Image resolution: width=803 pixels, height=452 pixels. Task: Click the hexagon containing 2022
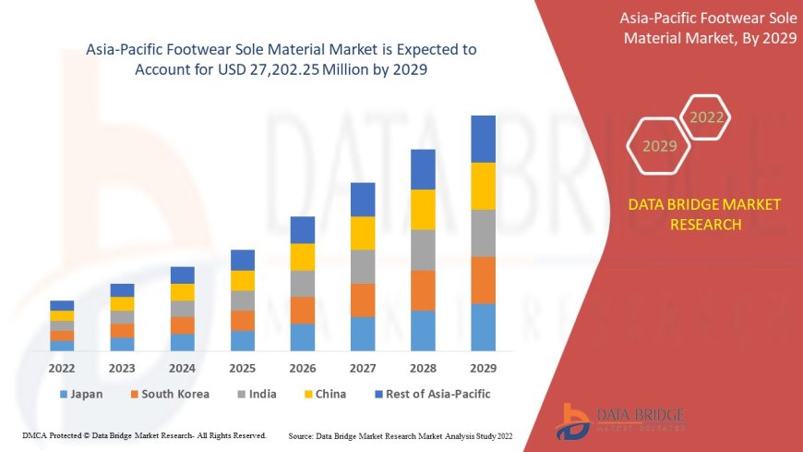pos(707,117)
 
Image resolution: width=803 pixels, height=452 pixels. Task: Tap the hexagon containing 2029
pos(659,146)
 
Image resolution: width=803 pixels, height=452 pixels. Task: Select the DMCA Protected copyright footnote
pos(144,435)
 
